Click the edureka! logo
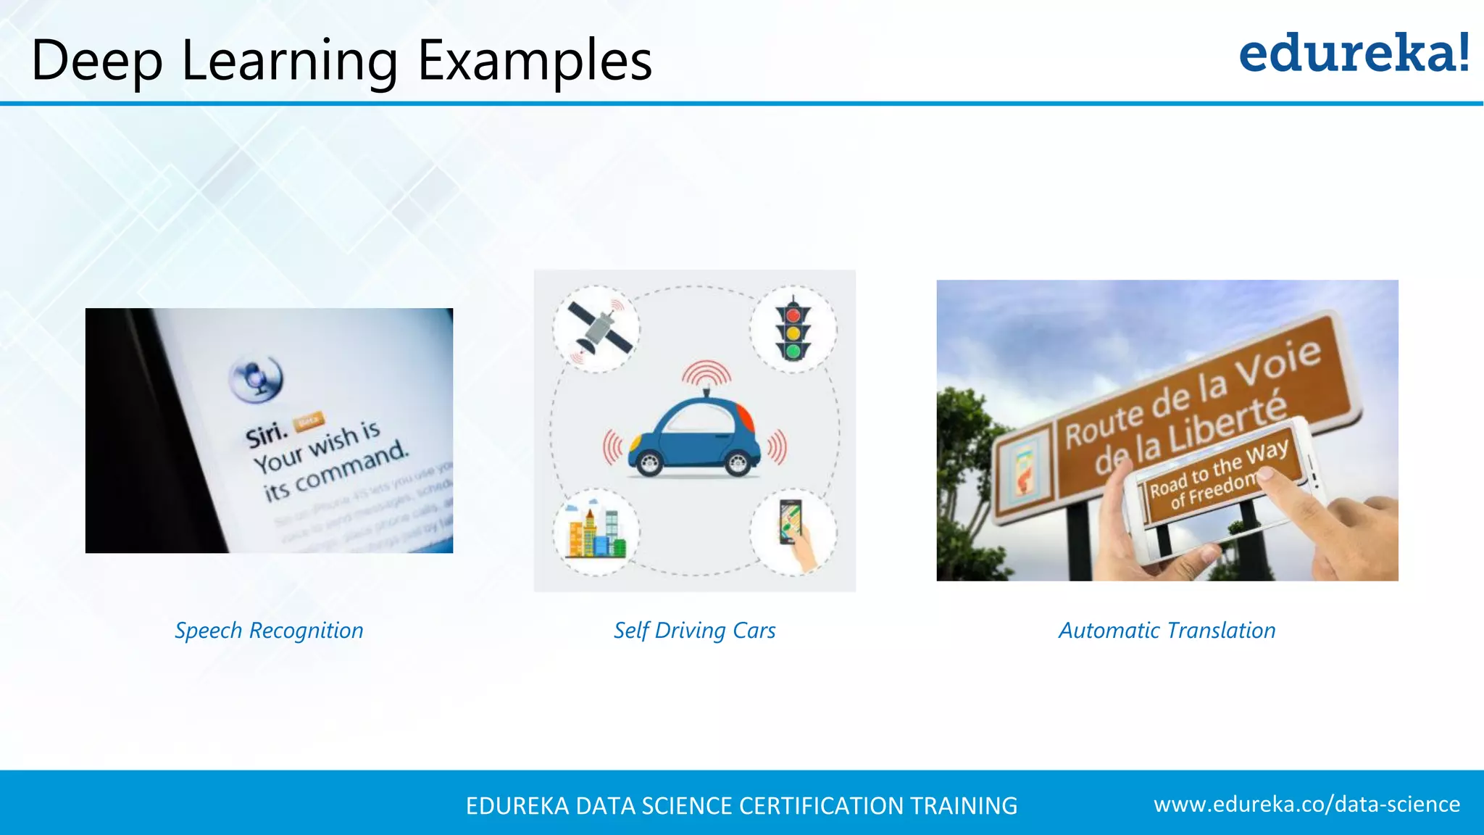point(1354,54)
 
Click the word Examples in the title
point(535,61)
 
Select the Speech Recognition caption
point(269,631)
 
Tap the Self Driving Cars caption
point(694,631)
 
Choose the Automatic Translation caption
point(1167,631)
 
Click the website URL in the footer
point(1306,805)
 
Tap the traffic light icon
point(793,330)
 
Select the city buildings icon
point(596,533)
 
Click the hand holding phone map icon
point(793,533)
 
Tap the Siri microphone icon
point(256,378)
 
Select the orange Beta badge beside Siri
point(309,421)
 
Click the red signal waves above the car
point(706,373)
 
